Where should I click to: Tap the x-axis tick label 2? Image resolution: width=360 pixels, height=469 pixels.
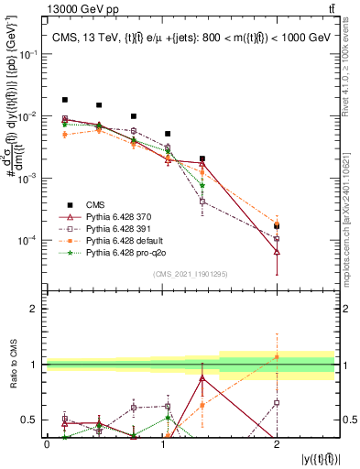tap(277, 443)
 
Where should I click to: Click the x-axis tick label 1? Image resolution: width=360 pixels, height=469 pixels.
tap(162, 443)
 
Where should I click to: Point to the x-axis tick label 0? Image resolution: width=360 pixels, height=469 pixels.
tap(47, 443)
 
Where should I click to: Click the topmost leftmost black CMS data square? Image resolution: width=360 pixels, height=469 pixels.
tap(65, 100)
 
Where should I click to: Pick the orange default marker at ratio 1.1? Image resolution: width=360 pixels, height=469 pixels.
tap(277, 357)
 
